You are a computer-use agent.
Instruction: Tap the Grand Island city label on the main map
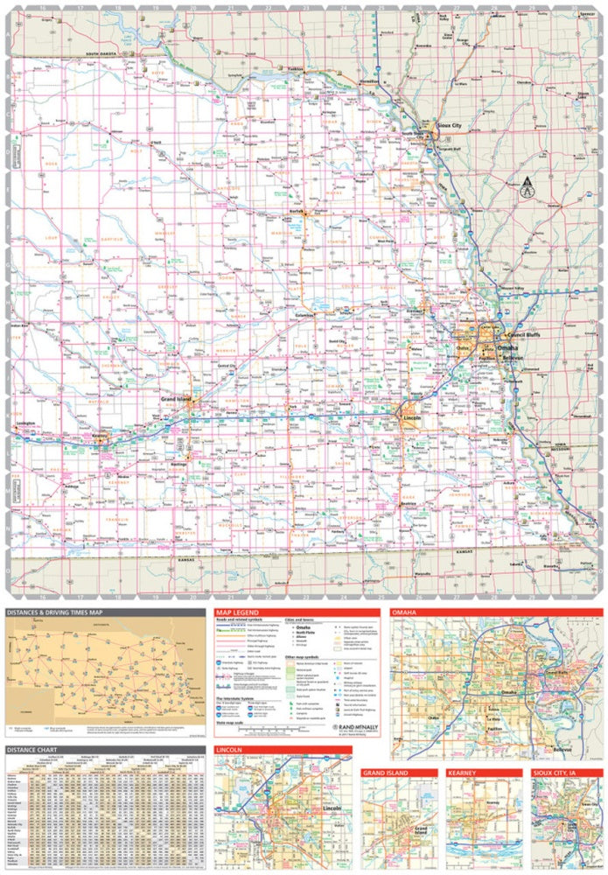click(x=176, y=400)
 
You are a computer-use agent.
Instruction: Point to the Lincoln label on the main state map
click(x=413, y=419)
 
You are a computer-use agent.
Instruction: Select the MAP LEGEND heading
click(x=241, y=612)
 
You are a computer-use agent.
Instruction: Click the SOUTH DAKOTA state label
click(x=103, y=54)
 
